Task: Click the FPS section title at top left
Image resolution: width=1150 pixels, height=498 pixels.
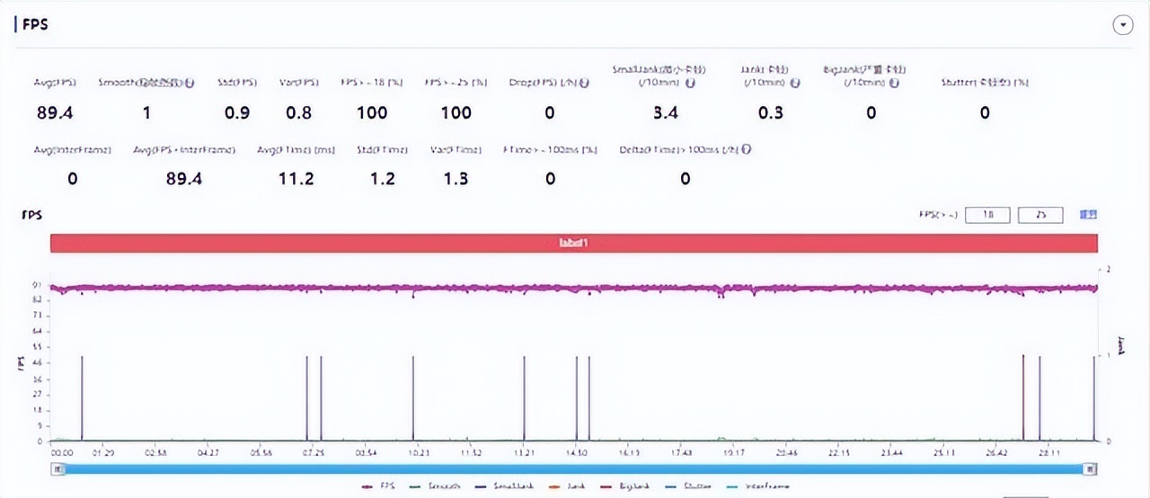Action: click(35, 24)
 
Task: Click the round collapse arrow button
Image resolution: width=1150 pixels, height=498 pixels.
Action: click(1122, 25)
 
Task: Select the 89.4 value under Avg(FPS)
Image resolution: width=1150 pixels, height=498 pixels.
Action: click(54, 112)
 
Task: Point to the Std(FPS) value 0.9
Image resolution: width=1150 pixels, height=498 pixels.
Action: click(237, 112)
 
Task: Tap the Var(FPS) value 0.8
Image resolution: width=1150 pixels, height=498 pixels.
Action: click(298, 112)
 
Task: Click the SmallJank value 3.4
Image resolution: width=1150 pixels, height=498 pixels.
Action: click(665, 112)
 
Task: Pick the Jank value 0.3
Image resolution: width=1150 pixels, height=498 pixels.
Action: click(770, 112)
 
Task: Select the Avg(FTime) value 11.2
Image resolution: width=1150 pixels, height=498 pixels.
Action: click(296, 179)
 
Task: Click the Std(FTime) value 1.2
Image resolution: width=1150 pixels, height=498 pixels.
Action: click(383, 179)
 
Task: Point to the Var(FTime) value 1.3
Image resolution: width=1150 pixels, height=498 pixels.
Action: click(456, 179)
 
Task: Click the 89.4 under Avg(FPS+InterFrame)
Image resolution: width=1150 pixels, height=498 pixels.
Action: click(184, 179)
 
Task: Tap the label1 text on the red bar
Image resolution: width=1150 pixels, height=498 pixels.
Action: click(572, 243)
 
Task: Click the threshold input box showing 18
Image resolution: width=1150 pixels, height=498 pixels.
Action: click(987, 215)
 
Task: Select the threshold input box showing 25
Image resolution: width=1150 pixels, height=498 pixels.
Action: click(1040, 215)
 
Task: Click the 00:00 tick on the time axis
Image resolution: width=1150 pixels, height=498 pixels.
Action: click(61, 453)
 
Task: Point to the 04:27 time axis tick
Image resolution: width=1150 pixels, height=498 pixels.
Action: click(208, 453)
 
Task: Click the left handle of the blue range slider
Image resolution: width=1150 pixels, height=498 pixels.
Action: click(58, 468)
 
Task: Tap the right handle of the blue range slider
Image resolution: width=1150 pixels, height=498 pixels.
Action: click(1090, 468)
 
